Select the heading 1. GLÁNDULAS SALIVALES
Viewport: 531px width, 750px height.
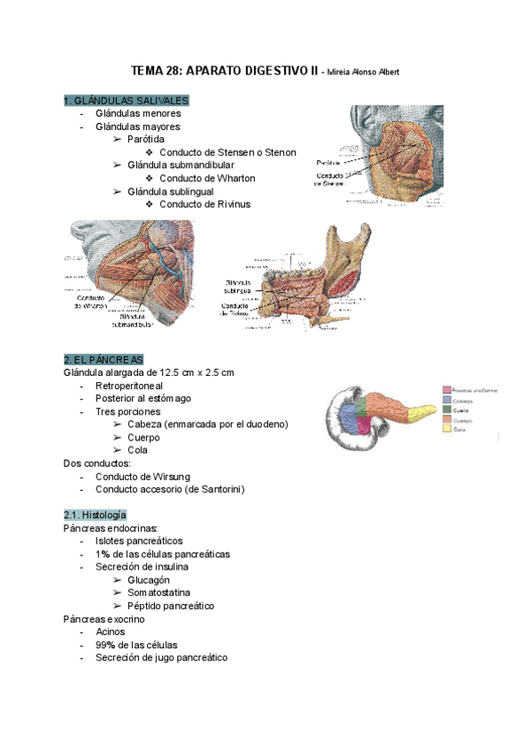pyautogui.click(x=126, y=101)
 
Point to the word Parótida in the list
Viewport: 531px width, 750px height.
pyautogui.click(x=145, y=140)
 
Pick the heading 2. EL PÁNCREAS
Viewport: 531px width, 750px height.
pyautogui.click(x=104, y=359)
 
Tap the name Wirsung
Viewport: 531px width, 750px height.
pyautogui.click(x=190, y=477)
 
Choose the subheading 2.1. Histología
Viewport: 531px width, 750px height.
pyautogui.click(x=95, y=515)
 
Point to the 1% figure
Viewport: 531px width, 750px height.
pyautogui.click(x=103, y=554)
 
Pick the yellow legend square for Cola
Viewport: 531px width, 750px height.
pyautogui.click(x=447, y=429)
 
